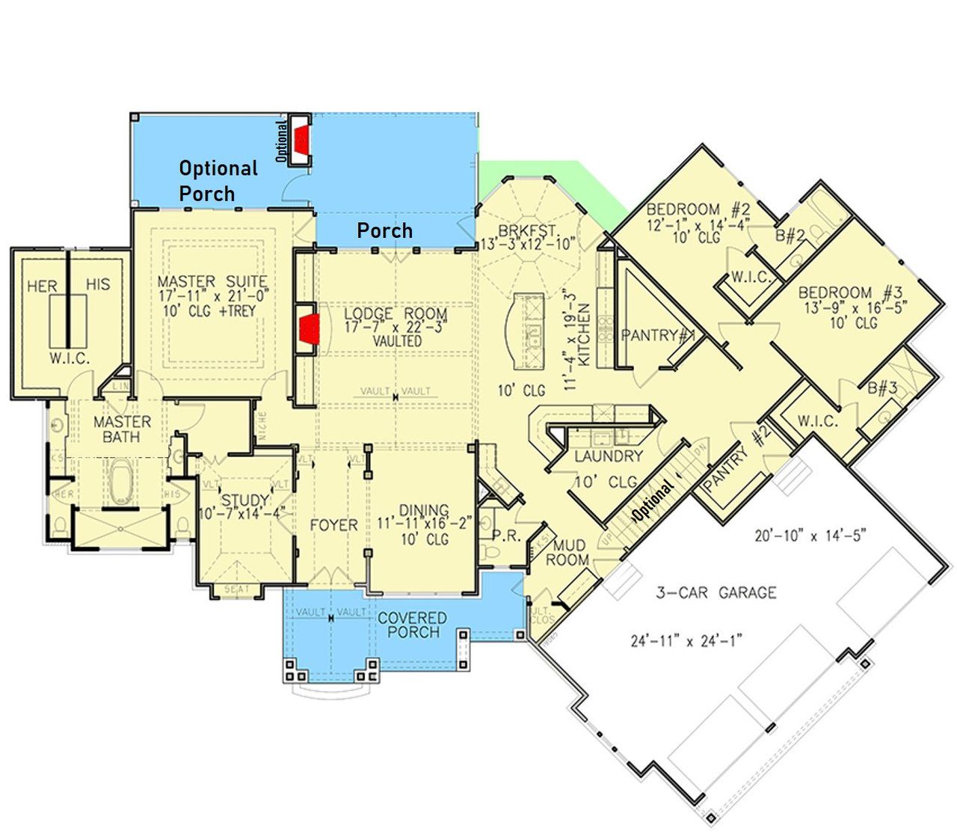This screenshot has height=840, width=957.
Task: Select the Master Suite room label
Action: pos(212,282)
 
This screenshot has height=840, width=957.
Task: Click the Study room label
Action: pos(245,500)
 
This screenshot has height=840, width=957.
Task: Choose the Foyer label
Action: pos(333,525)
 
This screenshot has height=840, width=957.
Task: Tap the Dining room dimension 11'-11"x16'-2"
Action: pos(423,524)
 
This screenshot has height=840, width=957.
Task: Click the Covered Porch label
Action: pos(412,625)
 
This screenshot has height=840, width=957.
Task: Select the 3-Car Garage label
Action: pos(716,592)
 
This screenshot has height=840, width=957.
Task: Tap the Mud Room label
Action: pos(568,553)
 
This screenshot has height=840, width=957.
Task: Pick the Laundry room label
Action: pos(609,456)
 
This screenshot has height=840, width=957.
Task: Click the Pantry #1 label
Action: pos(658,336)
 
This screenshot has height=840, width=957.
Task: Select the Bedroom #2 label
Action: pos(693,209)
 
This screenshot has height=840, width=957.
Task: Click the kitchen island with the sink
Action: pos(529,329)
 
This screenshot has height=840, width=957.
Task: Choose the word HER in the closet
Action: pos(42,286)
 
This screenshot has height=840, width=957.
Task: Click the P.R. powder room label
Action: pos(505,536)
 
